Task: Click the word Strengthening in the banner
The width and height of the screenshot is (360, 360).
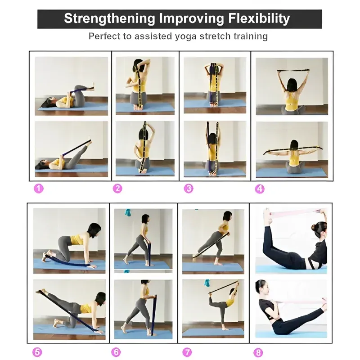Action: point(109,19)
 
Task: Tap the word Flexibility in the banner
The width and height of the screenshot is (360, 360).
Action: point(259,18)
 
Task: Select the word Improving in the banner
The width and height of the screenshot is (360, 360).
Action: point(192,19)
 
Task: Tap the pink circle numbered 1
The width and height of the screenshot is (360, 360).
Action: point(39,189)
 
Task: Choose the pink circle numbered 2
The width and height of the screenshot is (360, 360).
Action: point(117,189)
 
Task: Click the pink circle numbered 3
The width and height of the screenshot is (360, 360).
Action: point(189,189)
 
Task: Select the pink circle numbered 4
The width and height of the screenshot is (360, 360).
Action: point(260,189)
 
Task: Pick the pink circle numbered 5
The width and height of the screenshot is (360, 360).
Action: point(37,352)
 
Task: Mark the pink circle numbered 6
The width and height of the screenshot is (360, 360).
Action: point(116,352)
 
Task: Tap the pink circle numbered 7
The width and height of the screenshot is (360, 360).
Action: point(187,352)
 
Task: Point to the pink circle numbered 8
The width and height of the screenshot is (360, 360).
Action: point(258,352)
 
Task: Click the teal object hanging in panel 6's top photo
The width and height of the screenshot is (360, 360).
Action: point(128,212)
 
